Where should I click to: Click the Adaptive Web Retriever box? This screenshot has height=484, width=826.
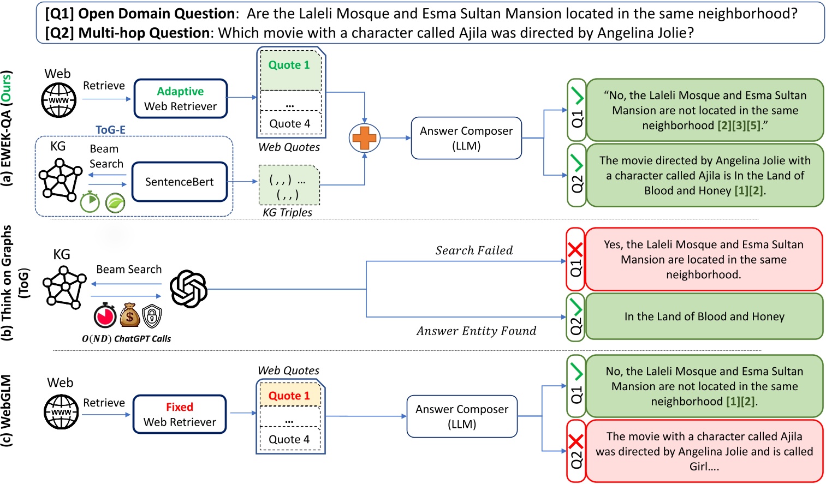click(x=180, y=99)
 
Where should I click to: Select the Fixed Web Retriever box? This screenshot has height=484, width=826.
click(x=180, y=414)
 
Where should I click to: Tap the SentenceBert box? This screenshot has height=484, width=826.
click(x=179, y=182)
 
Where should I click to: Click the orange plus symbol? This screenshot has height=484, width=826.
click(x=364, y=138)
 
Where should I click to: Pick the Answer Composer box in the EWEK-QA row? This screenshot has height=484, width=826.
click(x=466, y=138)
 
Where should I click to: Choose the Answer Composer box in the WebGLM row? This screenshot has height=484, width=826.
click(x=461, y=416)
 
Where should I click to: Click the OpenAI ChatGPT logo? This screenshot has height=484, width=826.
click(x=188, y=289)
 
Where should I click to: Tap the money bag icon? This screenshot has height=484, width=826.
click(x=129, y=315)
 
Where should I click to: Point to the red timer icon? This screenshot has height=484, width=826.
click(x=105, y=315)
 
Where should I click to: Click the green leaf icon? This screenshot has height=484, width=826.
click(x=115, y=203)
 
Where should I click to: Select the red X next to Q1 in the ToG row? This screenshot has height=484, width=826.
click(x=575, y=250)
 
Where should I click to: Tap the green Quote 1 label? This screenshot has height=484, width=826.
click(x=289, y=65)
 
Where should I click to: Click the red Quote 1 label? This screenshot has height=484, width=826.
click(x=289, y=396)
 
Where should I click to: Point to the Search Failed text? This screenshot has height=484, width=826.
click(x=474, y=250)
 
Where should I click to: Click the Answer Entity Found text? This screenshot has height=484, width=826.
click(x=476, y=331)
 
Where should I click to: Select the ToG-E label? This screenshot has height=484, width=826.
click(x=110, y=130)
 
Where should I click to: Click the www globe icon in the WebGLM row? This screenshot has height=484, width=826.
click(x=61, y=412)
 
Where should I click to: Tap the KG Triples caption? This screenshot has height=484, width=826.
click(x=287, y=212)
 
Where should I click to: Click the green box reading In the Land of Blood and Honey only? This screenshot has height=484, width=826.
click(x=704, y=316)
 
